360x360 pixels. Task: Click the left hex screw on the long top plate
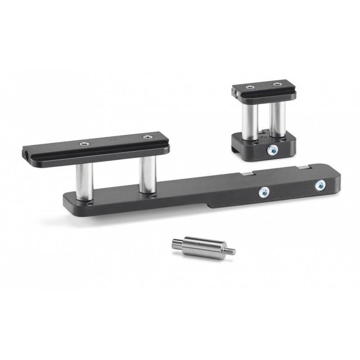click(x=83, y=144)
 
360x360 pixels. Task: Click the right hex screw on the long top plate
click(x=147, y=137)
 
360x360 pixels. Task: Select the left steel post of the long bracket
click(x=84, y=181)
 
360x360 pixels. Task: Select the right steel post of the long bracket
click(x=146, y=175)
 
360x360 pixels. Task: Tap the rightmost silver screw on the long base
click(x=320, y=184)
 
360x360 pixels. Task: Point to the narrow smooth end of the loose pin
click(x=177, y=245)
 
